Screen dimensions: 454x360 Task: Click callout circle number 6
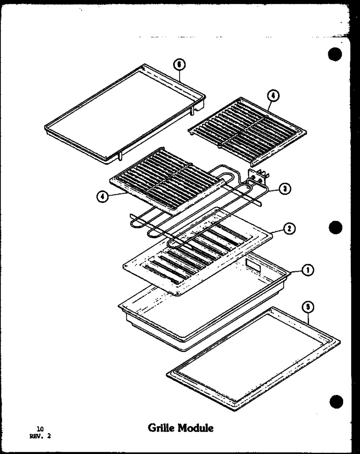[x=179, y=65]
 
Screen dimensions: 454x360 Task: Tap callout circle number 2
[x=289, y=228]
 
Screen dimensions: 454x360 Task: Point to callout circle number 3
[x=285, y=189]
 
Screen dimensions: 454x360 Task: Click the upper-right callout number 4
[x=273, y=95]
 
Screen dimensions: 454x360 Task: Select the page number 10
[x=40, y=429]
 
